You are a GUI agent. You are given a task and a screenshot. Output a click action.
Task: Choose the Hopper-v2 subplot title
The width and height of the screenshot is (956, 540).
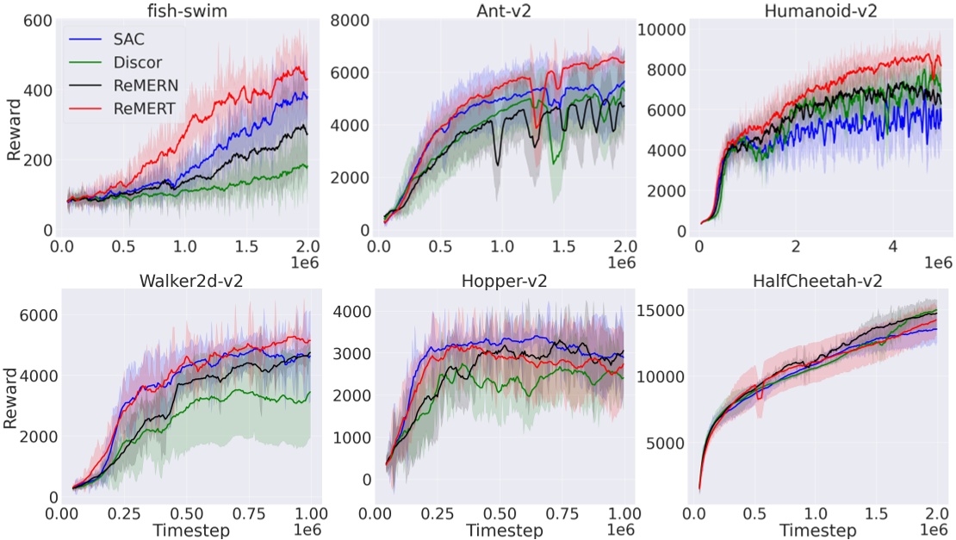503,282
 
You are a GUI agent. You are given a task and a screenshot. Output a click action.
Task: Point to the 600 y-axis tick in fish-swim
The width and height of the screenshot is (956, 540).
39,20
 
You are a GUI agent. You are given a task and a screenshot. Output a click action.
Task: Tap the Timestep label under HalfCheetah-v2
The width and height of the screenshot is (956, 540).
820,530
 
